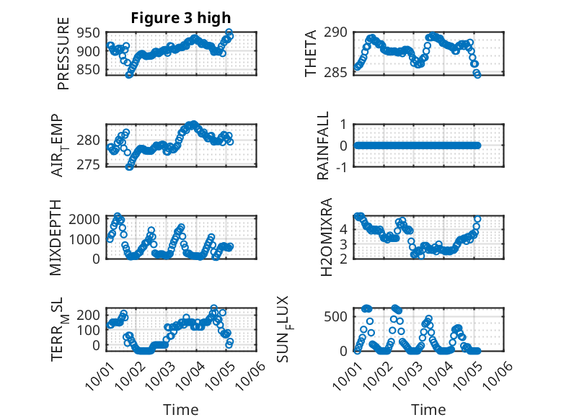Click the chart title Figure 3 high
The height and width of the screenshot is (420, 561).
pos(181,17)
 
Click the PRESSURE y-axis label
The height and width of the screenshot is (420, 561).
pos(63,58)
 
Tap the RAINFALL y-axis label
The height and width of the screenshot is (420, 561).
pos(324,146)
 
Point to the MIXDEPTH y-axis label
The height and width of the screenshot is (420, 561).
pos(57,238)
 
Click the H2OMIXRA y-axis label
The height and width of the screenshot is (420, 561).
pos(326,237)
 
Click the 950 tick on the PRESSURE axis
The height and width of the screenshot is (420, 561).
pos(90,32)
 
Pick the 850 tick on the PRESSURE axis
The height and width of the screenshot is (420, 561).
pos(90,70)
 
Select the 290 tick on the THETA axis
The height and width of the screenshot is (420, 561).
pos(340,32)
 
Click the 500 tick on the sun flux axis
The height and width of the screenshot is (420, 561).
pos(338,316)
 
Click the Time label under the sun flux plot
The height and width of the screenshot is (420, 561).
pos(428,410)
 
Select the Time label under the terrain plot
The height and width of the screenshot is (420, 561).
pos(180,410)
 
